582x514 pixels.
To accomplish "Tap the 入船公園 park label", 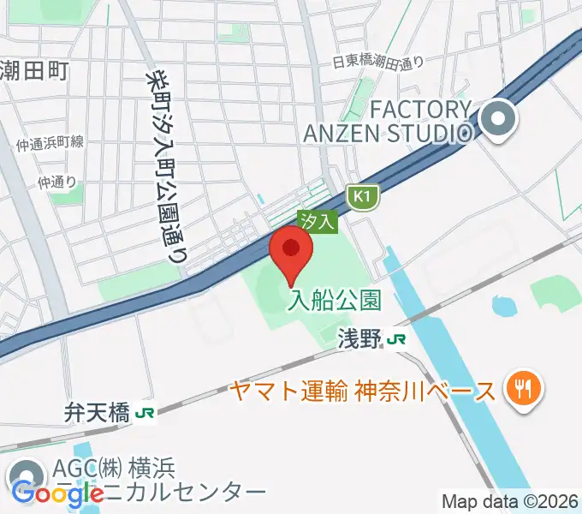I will (x=334, y=301).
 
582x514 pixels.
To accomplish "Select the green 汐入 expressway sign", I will (x=318, y=221).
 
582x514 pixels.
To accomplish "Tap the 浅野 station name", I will (x=358, y=339).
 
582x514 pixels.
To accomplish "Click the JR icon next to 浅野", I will (x=396, y=339).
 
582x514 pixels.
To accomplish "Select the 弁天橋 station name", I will (x=97, y=414).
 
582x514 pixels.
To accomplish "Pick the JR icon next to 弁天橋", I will (x=145, y=414).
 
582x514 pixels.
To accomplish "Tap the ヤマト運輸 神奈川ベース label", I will (x=362, y=391).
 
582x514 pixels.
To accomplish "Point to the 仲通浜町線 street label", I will (x=50, y=143).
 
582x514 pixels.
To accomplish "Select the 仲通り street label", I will (x=57, y=182).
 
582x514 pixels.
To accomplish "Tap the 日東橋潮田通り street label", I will (x=377, y=62).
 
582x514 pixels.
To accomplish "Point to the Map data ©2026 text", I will (x=509, y=501).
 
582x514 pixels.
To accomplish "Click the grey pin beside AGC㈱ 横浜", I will (x=27, y=477).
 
